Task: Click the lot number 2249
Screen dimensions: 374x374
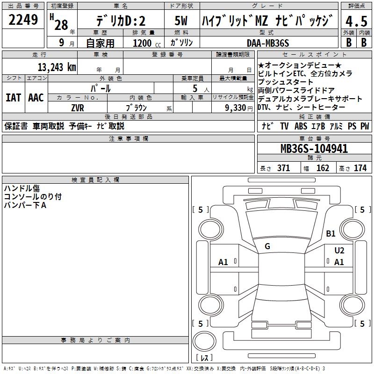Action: tap(23, 20)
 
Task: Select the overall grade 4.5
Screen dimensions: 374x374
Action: tap(356, 22)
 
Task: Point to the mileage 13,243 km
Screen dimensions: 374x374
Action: tap(57, 67)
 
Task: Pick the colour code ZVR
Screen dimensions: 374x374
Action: tap(77, 107)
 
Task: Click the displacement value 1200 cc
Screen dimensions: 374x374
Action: tap(145, 43)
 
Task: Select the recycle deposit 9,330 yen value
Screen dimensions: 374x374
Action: tap(233, 108)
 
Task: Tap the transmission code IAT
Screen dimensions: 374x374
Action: tap(14, 98)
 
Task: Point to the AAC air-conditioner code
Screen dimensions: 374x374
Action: tap(36, 98)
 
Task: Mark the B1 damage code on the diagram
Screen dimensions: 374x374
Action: tap(331, 233)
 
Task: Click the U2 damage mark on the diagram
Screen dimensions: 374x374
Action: tap(339, 250)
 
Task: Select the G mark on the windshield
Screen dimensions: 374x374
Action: tap(267, 246)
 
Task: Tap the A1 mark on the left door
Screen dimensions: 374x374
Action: tap(223, 262)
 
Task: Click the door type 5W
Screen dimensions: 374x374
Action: tap(181, 21)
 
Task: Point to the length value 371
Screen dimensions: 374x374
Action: tap(283, 168)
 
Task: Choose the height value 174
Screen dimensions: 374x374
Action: tap(360, 168)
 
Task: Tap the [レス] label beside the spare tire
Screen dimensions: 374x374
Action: tap(204, 358)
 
